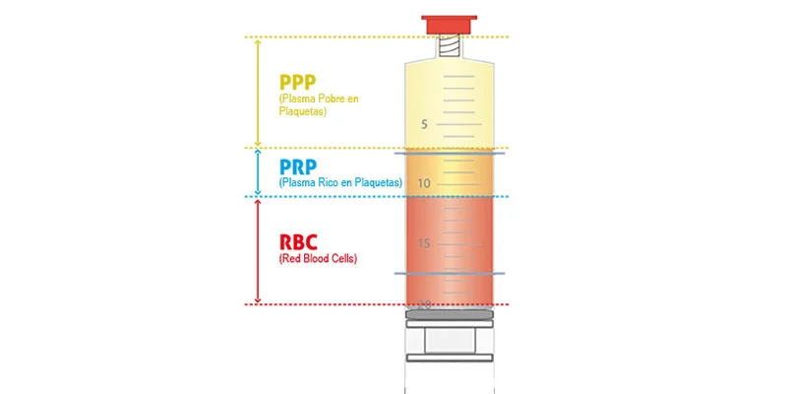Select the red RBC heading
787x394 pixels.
click(x=299, y=241)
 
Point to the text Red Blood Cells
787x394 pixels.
click(x=319, y=259)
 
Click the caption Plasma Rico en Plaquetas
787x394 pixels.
click(x=340, y=183)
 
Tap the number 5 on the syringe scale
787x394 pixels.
click(x=424, y=125)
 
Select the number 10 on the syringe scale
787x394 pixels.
click(x=424, y=184)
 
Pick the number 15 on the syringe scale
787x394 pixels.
click(x=424, y=243)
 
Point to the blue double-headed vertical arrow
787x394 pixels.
click(x=258, y=172)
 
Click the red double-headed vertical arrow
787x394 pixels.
click(x=258, y=250)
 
